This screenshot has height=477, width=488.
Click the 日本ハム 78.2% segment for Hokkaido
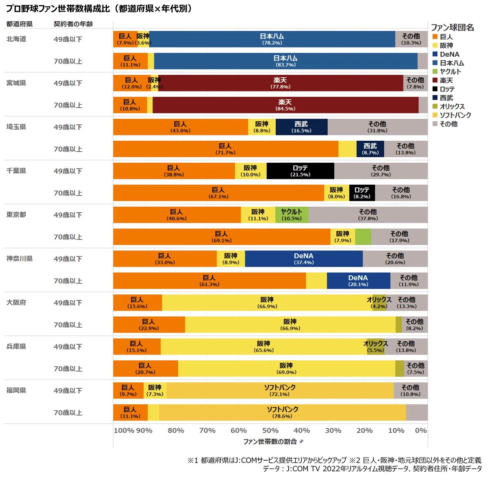(x=272, y=39)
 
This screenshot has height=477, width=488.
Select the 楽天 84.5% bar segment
(x=285, y=105)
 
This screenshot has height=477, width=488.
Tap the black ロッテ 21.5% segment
(x=300, y=171)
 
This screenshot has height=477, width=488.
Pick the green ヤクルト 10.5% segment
(x=292, y=215)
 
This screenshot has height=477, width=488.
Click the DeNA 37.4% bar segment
(x=304, y=259)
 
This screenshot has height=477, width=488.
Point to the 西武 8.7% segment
(x=370, y=149)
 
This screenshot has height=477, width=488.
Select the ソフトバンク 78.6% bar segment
(x=282, y=412)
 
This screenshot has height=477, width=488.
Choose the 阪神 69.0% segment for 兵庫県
(x=286, y=368)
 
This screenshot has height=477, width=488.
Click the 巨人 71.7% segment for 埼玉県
(x=225, y=149)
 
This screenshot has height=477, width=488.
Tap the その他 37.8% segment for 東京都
(x=368, y=215)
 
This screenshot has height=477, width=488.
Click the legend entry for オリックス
(x=452, y=107)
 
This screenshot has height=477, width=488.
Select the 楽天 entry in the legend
(x=446, y=81)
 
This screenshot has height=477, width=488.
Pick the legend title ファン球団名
(x=452, y=27)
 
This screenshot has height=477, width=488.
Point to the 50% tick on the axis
(x=270, y=431)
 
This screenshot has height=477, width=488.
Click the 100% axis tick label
(x=124, y=431)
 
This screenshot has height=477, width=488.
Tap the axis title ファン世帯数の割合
(x=270, y=442)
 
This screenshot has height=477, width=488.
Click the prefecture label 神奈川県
(x=19, y=259)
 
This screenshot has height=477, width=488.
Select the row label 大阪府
(x=16, y=303)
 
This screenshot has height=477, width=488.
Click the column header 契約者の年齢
(x=73, y=24)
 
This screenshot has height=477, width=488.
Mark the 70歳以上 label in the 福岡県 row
(x=68, y=412)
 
